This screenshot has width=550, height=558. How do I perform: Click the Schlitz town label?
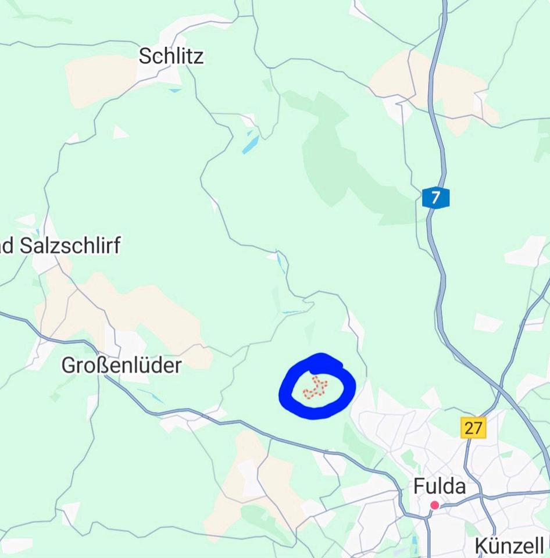click(x=172, y=56)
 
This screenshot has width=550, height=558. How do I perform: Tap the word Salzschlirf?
click(x=70, y=246)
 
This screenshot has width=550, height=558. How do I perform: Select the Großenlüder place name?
click(x=122, y=366)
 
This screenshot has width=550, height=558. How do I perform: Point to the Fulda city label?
click(x=440, y=487)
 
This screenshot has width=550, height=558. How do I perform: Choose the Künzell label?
click(x=509, y=546)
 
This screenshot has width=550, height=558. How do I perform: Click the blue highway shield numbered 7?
click(x=435, y=198)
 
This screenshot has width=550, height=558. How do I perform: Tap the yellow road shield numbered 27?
click(x=473, y=428)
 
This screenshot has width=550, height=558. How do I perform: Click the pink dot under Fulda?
click(x=434, y=505)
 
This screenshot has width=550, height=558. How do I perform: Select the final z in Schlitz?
click(x=199, y=56)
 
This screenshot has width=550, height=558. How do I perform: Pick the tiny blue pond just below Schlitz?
click(x=174, y=91)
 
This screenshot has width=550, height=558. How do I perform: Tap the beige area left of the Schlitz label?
click(x=99, y=81)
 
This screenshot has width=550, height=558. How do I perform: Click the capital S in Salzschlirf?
click(x=26, y=246)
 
